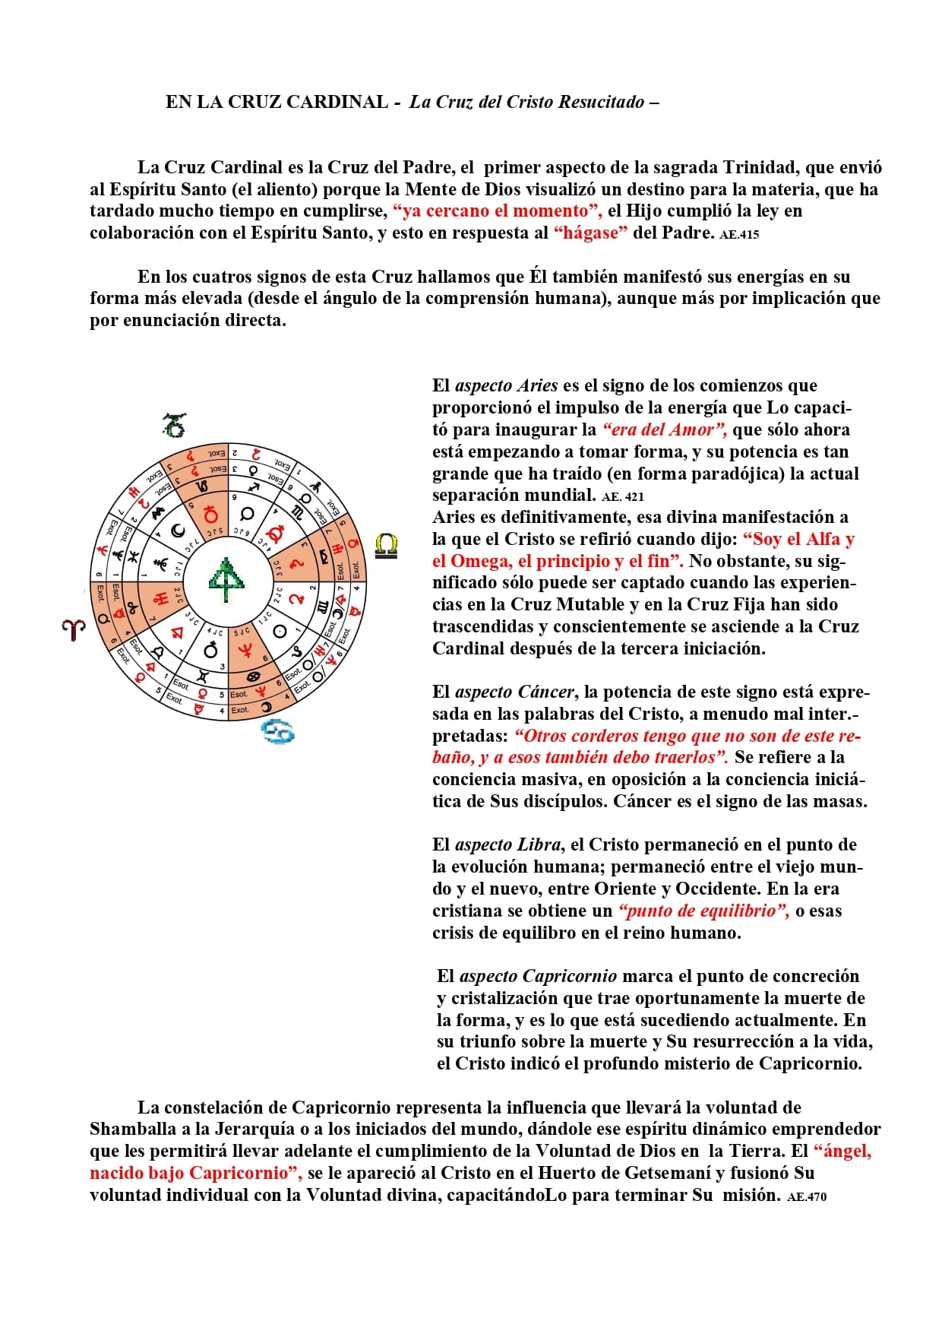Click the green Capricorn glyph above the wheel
(175, 425)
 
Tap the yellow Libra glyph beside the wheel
(386, 546)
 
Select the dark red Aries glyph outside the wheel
(74, 629)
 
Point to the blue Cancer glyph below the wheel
(278, 731)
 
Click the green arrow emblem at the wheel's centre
(226, 579)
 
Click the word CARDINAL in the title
(337, 102)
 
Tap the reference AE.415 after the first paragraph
(739, 235)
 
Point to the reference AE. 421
(622, 497)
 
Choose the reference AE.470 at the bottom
(807, 1196)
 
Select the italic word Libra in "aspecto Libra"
(539, 844)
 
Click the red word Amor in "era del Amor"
(693, 429)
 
